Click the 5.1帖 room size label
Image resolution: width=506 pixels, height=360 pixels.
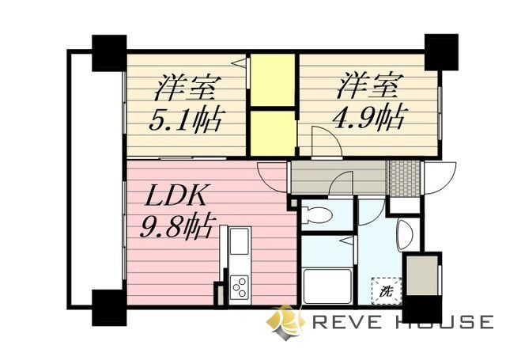tap(187, 121)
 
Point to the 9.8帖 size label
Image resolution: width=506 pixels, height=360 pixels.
tap(176, 228)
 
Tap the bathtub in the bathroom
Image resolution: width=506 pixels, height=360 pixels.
tap(326, 284)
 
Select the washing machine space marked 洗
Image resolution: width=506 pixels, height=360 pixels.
tap(387, 290)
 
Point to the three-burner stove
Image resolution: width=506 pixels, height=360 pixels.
tap(239, 286)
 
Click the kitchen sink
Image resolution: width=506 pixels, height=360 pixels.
tap(239, 241)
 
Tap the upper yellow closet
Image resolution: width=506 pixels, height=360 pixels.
tap(272, 78)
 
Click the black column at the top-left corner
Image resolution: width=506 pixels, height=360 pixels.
tap(109, 52)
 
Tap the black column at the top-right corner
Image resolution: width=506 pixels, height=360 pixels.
tap(441, 52)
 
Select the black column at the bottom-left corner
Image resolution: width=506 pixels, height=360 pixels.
tap(109, 307)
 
